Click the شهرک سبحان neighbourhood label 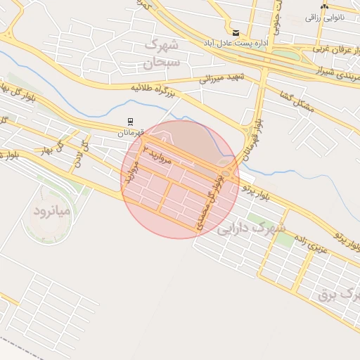click(x=162, y=53)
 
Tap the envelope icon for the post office click(x=235, y=32)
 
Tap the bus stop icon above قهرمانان click(x=129, y=122)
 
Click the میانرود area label click(x=52, y=210)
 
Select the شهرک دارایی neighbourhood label click(x=251, y=229)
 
